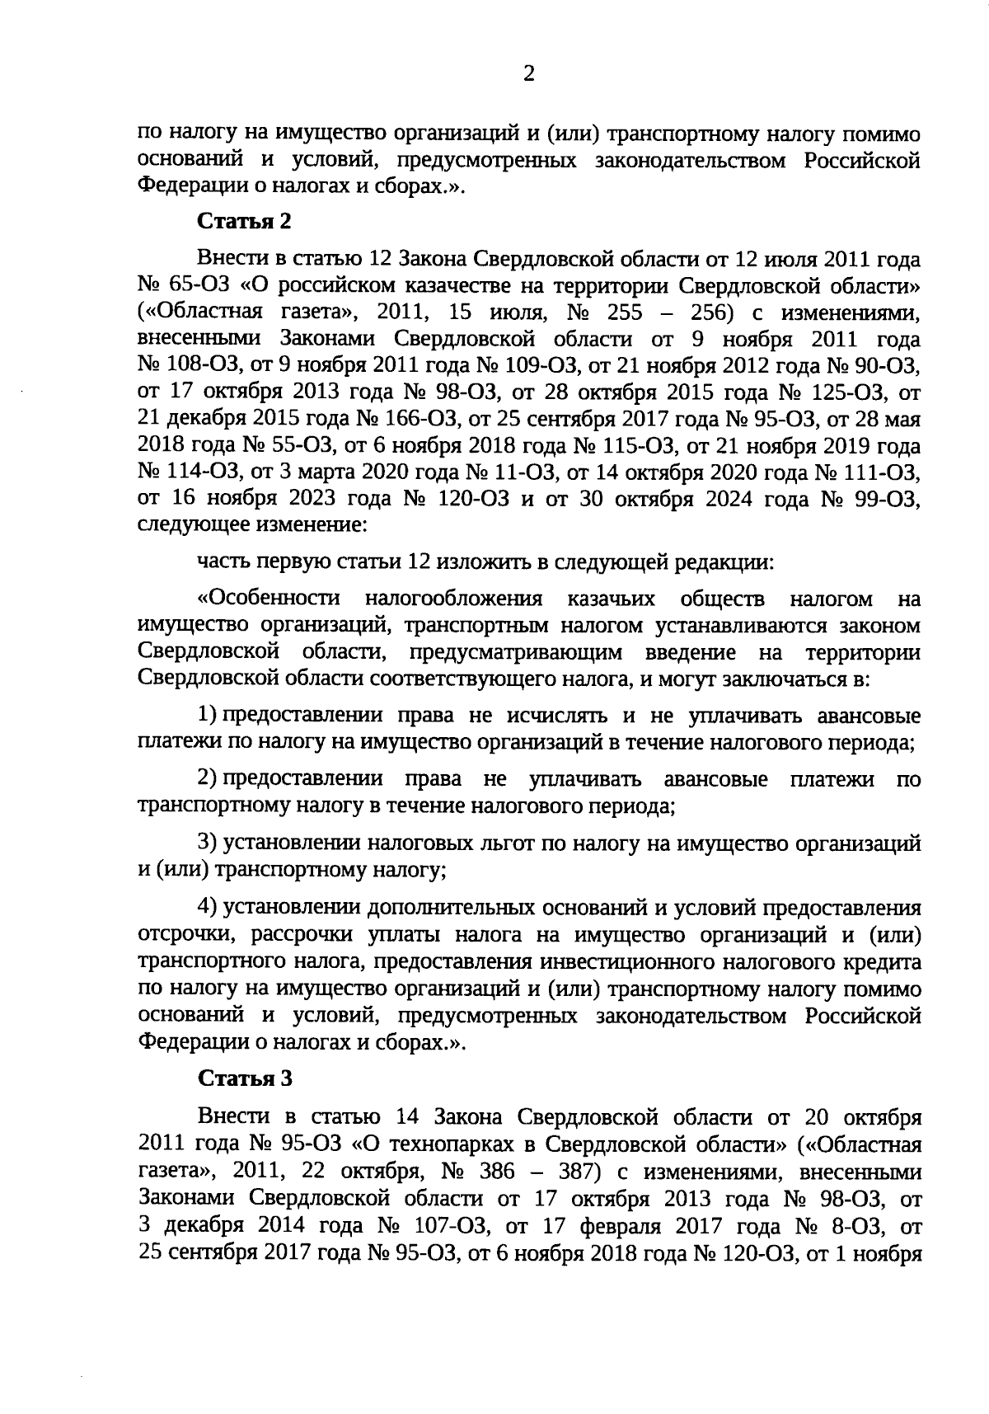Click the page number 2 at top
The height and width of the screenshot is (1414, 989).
pyautogui.click(x=529, y=74)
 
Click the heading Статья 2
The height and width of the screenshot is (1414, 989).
pyautogui.click(x=243, y=221)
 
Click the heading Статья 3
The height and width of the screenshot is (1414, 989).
pyautogui.click(x=243, y=1078)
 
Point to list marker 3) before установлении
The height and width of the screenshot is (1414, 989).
pyautogui.click(x=207, y=843)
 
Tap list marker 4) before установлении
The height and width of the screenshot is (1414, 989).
pyautogui.click(x=207, y=908)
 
